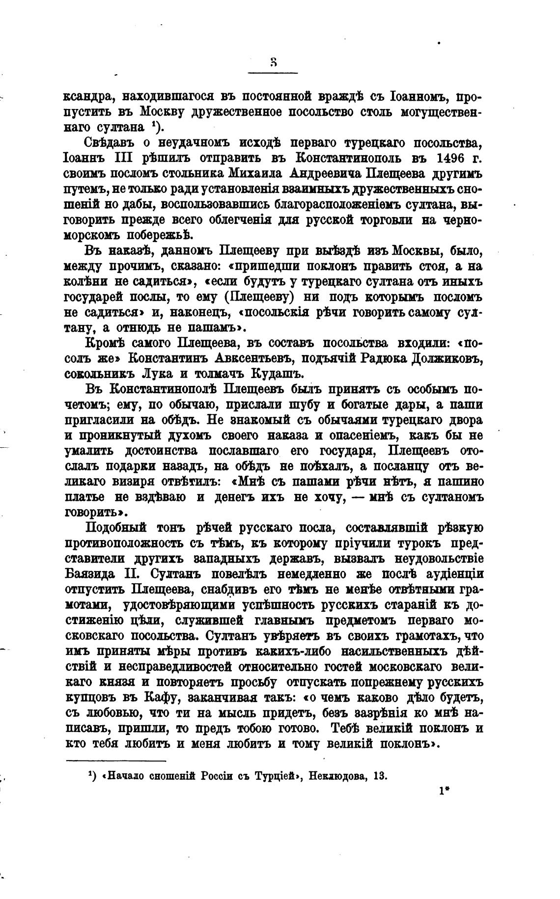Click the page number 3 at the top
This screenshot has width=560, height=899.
tap(273, 63)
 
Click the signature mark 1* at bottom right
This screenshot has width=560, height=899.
tap(446, 792)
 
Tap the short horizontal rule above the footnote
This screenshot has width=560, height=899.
tap(116, 762)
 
